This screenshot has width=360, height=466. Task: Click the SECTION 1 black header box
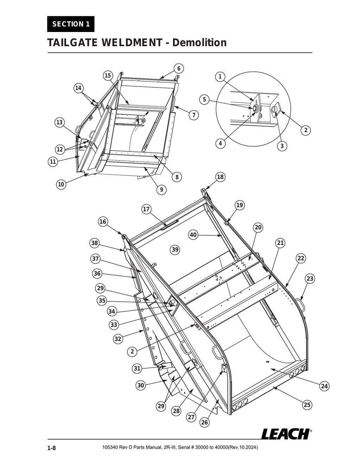pos(71,24)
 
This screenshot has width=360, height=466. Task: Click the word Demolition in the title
pos(200,43)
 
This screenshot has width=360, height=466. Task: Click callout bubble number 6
pos(178,69)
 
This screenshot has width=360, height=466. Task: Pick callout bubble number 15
pos(108,76)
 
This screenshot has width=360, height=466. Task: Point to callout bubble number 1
pos(220,77)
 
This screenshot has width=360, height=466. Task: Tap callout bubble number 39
pos(175,250)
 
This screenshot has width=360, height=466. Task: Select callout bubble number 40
pos(193,235)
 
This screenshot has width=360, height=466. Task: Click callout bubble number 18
pos(220,177)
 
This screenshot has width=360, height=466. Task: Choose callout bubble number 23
pos(309,279)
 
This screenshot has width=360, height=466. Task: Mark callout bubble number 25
pos(307,405)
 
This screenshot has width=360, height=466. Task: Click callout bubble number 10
pos(61,184)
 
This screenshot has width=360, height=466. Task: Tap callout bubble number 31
pos(137,369)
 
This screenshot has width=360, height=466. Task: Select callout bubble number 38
pos(95,243)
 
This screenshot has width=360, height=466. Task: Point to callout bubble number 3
pos(282,146)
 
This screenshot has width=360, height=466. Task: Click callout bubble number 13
pos(59,122)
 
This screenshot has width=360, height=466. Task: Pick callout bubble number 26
pos(205,422)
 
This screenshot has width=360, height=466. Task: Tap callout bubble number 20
pos(258,228)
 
